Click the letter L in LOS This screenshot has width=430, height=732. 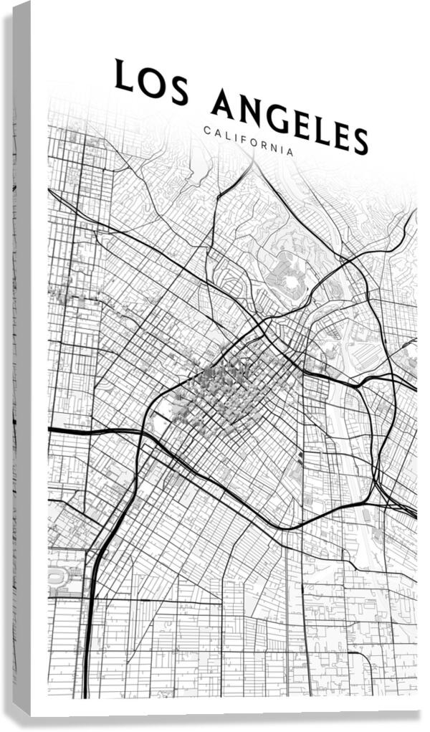coord(123,76)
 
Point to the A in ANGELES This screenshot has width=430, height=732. coord(223,103)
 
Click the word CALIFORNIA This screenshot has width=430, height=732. coord(248,141)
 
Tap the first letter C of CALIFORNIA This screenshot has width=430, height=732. coord(206,130)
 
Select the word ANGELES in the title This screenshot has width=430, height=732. coord(290,122)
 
